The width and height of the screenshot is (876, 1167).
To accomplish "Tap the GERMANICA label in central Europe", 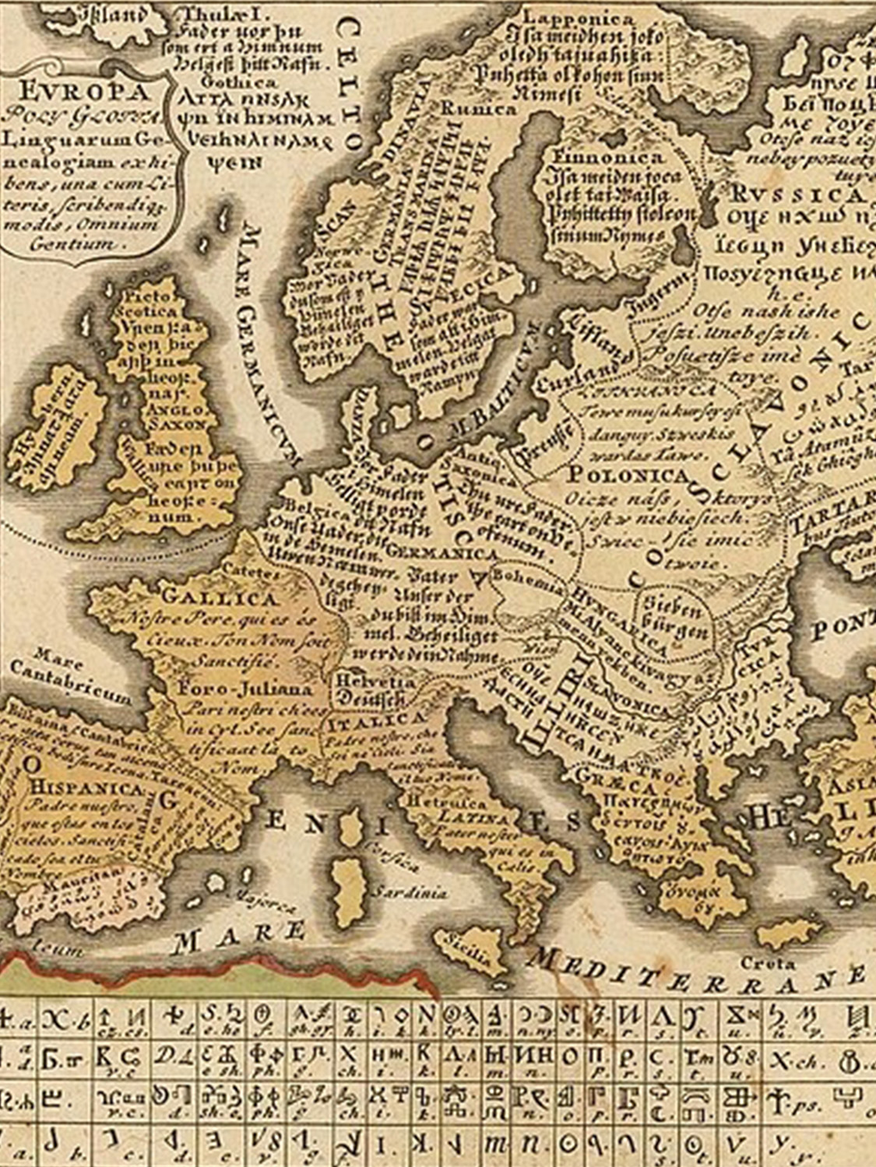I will point(442,552).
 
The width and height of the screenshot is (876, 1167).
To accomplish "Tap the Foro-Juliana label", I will point(245,689).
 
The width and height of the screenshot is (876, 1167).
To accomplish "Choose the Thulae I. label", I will point(213,14).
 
